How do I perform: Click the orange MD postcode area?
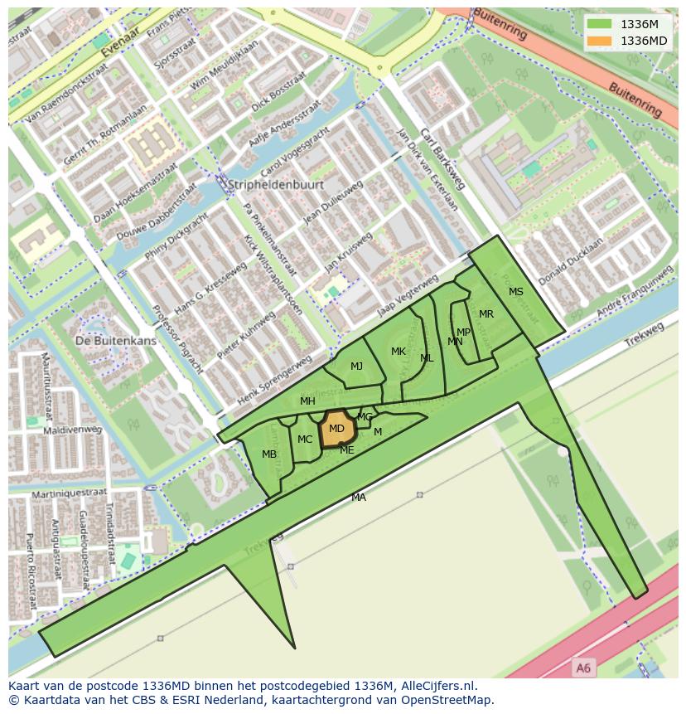pos(337,429)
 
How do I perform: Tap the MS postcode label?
pos(516,292)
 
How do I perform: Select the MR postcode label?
pos(486,314)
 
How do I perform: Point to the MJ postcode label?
pos(356,367)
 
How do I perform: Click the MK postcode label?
pos(399,352)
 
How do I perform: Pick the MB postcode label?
pos(269,454)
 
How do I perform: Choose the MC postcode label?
pos(305,440)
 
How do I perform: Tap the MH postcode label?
pos(307,401)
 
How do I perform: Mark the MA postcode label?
pos(359,498)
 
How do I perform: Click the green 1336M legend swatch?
pos(599,24)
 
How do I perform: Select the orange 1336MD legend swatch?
pos(599,41)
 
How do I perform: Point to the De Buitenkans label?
pos(115,341)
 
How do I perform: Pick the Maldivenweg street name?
pos(73,430)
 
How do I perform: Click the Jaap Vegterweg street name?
pos(407,292)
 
